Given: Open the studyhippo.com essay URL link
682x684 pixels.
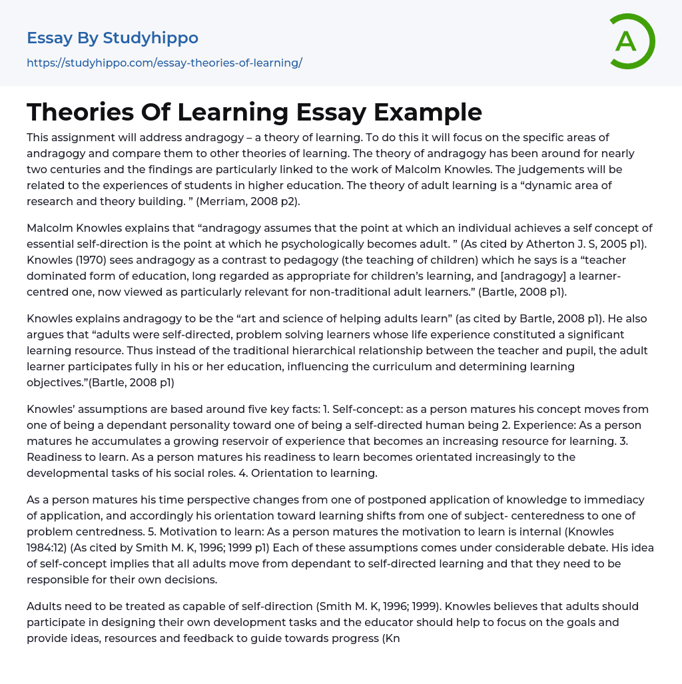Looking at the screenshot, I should tap(165, 63).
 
